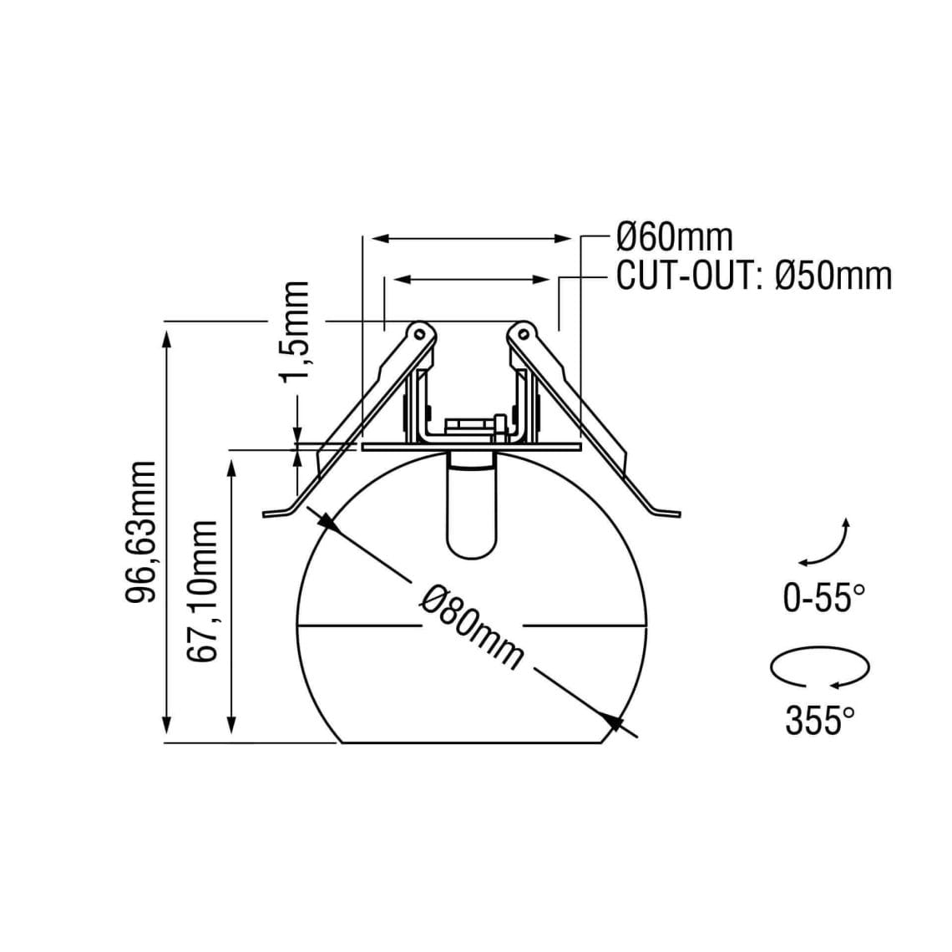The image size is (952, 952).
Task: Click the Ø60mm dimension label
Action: coord(673,237)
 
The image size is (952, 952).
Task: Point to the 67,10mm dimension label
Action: coord(203,590)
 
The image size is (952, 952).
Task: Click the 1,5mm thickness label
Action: coord(296,331)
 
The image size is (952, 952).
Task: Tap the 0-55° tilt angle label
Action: coord(823,598)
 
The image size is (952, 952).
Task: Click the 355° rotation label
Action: coord(820,720)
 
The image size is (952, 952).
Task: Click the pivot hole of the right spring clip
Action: coord(524,333)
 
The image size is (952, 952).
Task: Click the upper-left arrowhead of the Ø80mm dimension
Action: coord(327,523)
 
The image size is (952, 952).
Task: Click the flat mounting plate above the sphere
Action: coord(471,448)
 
